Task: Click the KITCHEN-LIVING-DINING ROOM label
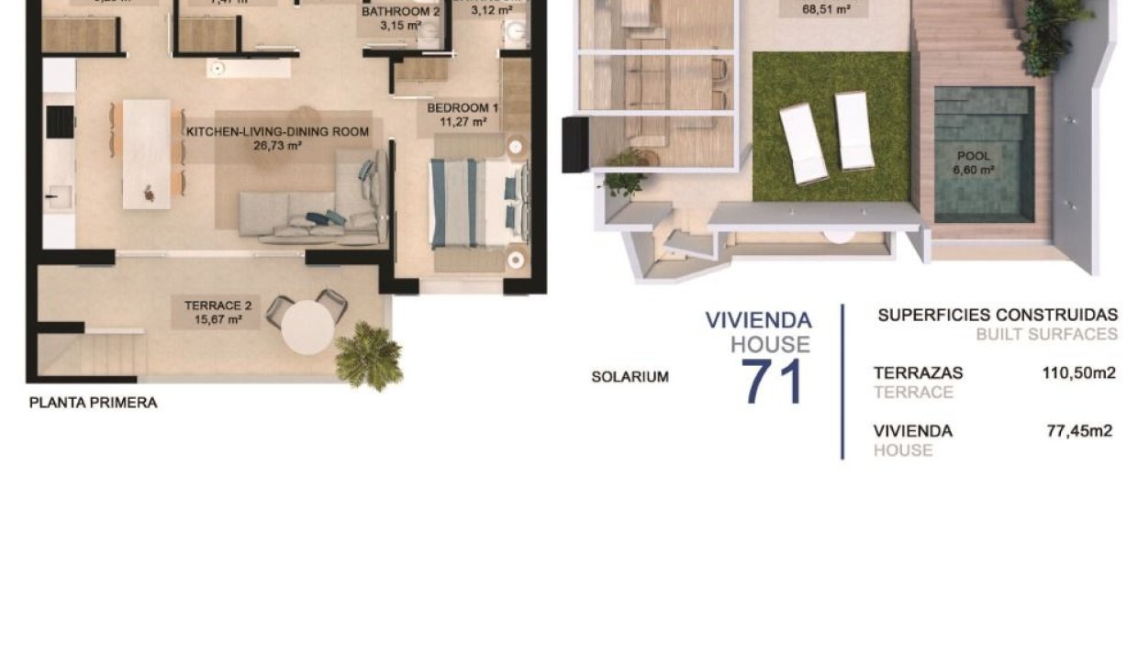point(277,132)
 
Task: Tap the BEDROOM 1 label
point(463,108)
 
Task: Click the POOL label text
point(974,157)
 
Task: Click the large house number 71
point(772,382)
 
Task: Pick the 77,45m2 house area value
point(1079,431)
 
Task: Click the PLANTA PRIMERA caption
point(93,402)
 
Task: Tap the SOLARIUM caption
point(630,377)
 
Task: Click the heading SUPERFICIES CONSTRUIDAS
point(998,316)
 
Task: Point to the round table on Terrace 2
point(307,327)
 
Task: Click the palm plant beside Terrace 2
point(368,357)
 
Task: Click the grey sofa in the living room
point(312,213)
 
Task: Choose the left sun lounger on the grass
point(803,144)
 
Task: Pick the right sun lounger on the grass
point(854,130)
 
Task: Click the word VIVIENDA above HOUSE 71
point(758,320)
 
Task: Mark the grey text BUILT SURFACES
point(1046,335)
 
